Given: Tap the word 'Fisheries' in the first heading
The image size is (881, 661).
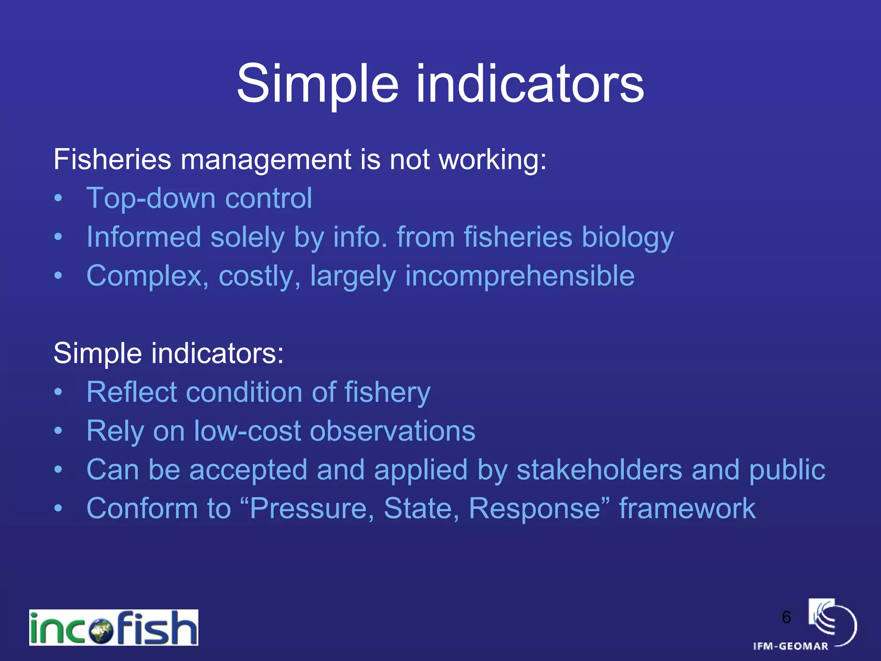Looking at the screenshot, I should [x=112, y=160].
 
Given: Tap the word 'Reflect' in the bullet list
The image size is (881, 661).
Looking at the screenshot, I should [x=131, y=392].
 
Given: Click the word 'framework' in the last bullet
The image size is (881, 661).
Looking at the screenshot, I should [x=687, y=509].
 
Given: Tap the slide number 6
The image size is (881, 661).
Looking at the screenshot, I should [x=786, y=617].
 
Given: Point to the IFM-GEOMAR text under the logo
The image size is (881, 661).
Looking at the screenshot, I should [x=791, y=646].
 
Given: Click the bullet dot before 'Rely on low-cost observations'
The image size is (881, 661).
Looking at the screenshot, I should [x=59, y=430].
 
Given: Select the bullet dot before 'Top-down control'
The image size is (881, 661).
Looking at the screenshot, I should [x=59, y=198].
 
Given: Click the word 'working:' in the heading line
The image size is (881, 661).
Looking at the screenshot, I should [x=492, y=160].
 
